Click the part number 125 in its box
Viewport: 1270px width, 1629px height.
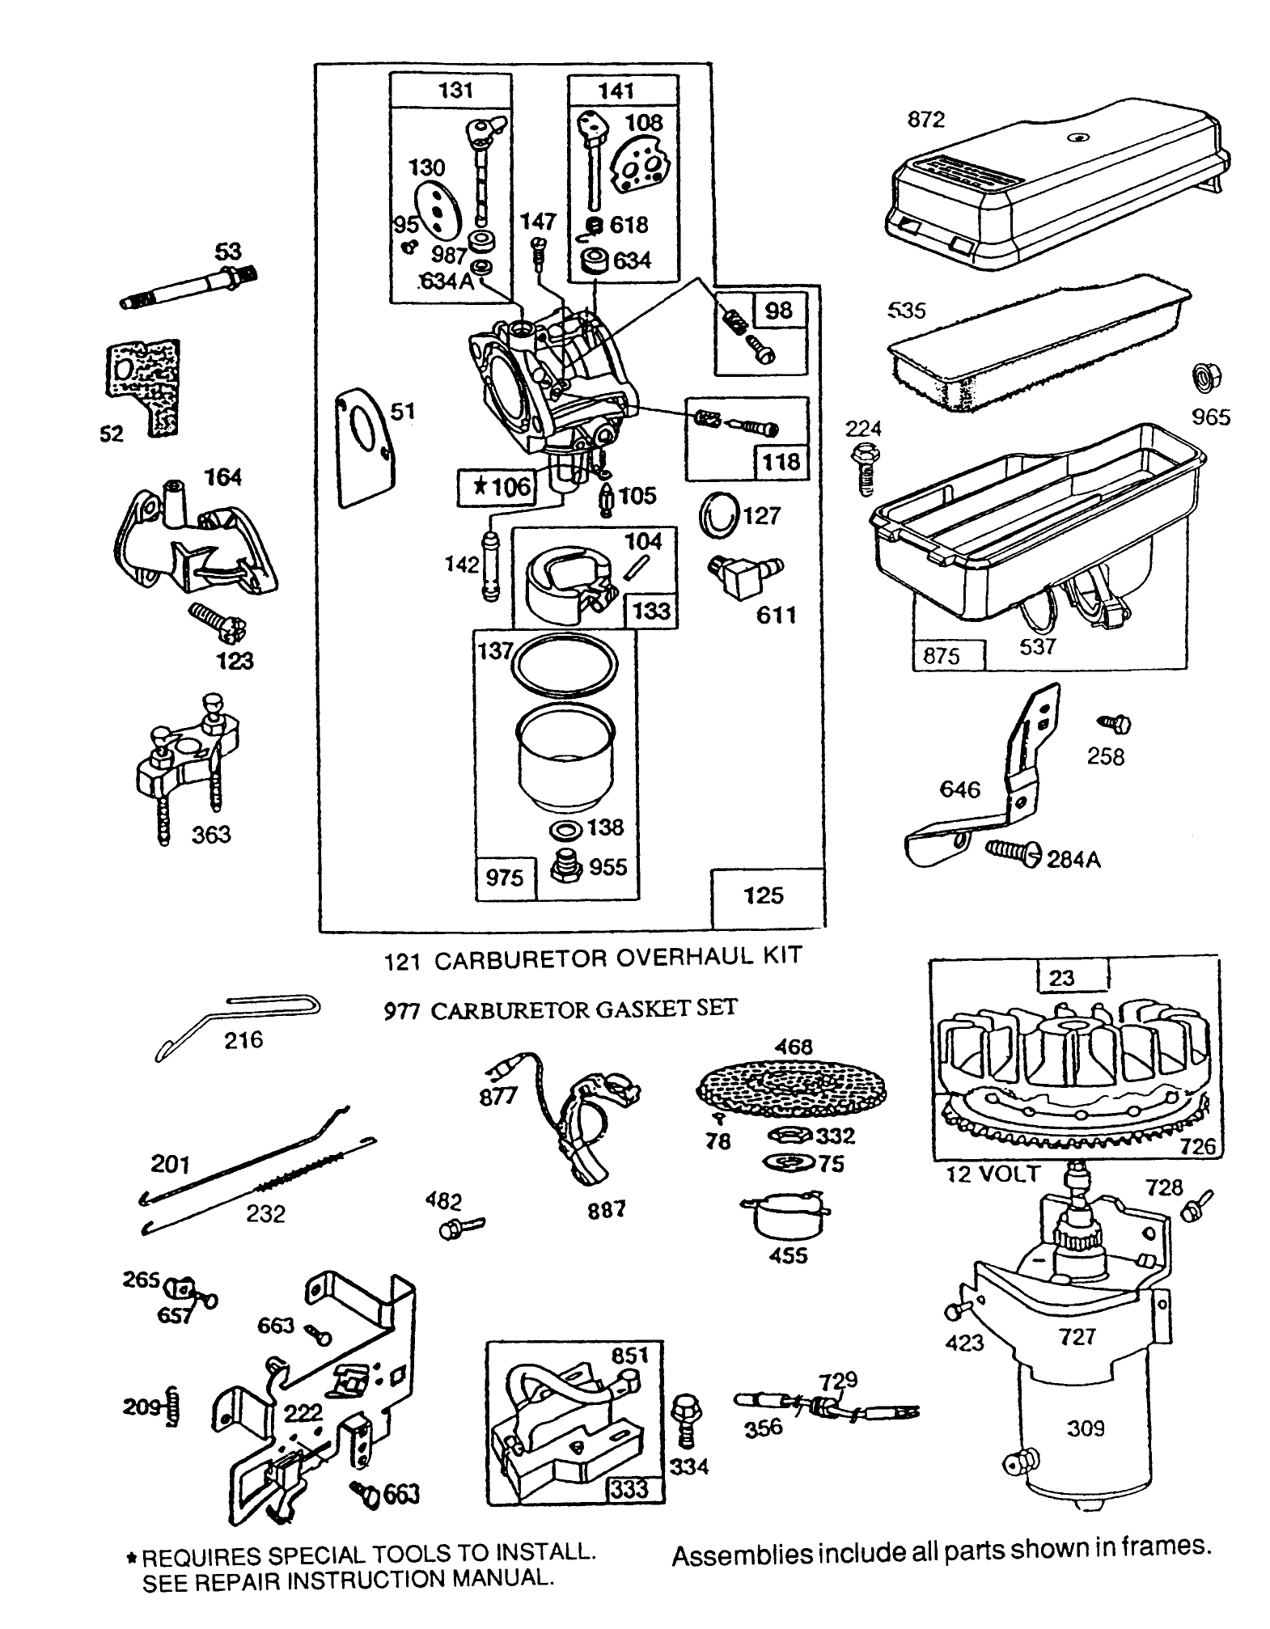763,895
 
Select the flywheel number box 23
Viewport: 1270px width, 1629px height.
1060,977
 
